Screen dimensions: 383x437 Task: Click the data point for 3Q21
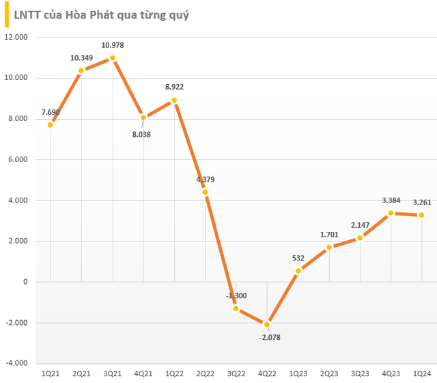click(113, 58)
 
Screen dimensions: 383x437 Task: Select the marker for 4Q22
click(268, 324)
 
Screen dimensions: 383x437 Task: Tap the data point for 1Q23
click(298, 271)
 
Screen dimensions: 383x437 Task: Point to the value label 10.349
click(81, 58)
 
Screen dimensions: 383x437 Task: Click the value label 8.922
click(174, 87)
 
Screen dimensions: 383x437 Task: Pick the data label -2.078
click(268, 337)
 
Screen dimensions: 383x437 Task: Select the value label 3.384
click(391, 200)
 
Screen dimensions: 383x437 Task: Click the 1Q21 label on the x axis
click(51, 373)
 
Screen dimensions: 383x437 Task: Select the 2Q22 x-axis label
click(206, 373)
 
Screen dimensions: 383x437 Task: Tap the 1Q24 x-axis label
click(422, 373)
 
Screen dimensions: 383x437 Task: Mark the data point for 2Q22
click(206, 192)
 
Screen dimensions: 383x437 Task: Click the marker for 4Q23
click(391, 213)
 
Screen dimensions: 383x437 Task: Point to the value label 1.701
click(330, 234)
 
